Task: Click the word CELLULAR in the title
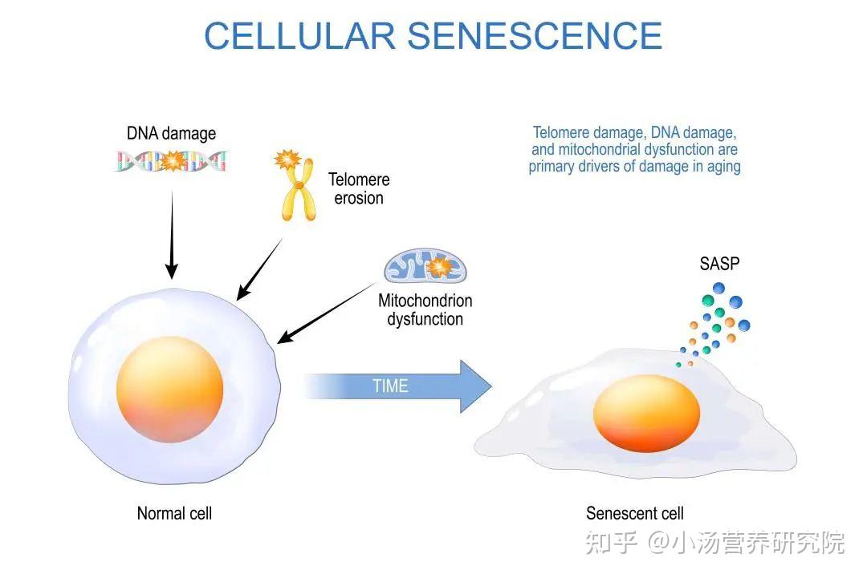(300, 36)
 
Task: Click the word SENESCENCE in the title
(535, 36)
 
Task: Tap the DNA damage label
(172, 134)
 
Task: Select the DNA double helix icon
(172, 161)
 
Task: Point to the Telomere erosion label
(359, 189)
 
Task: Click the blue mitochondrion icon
(425, 266)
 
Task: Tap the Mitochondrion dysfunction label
(425, 309)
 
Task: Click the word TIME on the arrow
(390, 386)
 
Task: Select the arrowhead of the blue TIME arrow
(475, 386)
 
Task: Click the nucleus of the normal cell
(169, 389)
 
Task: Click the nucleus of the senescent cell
(646, 414)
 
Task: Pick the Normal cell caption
(174, 513)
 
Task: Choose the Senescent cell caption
(635, 513)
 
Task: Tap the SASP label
(719, 264)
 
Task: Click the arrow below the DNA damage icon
(172, 235)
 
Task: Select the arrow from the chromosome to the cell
(259, 269)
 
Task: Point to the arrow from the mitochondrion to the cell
(326, 313)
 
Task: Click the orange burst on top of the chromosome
(287, 160)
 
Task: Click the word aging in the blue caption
(724, 167)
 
